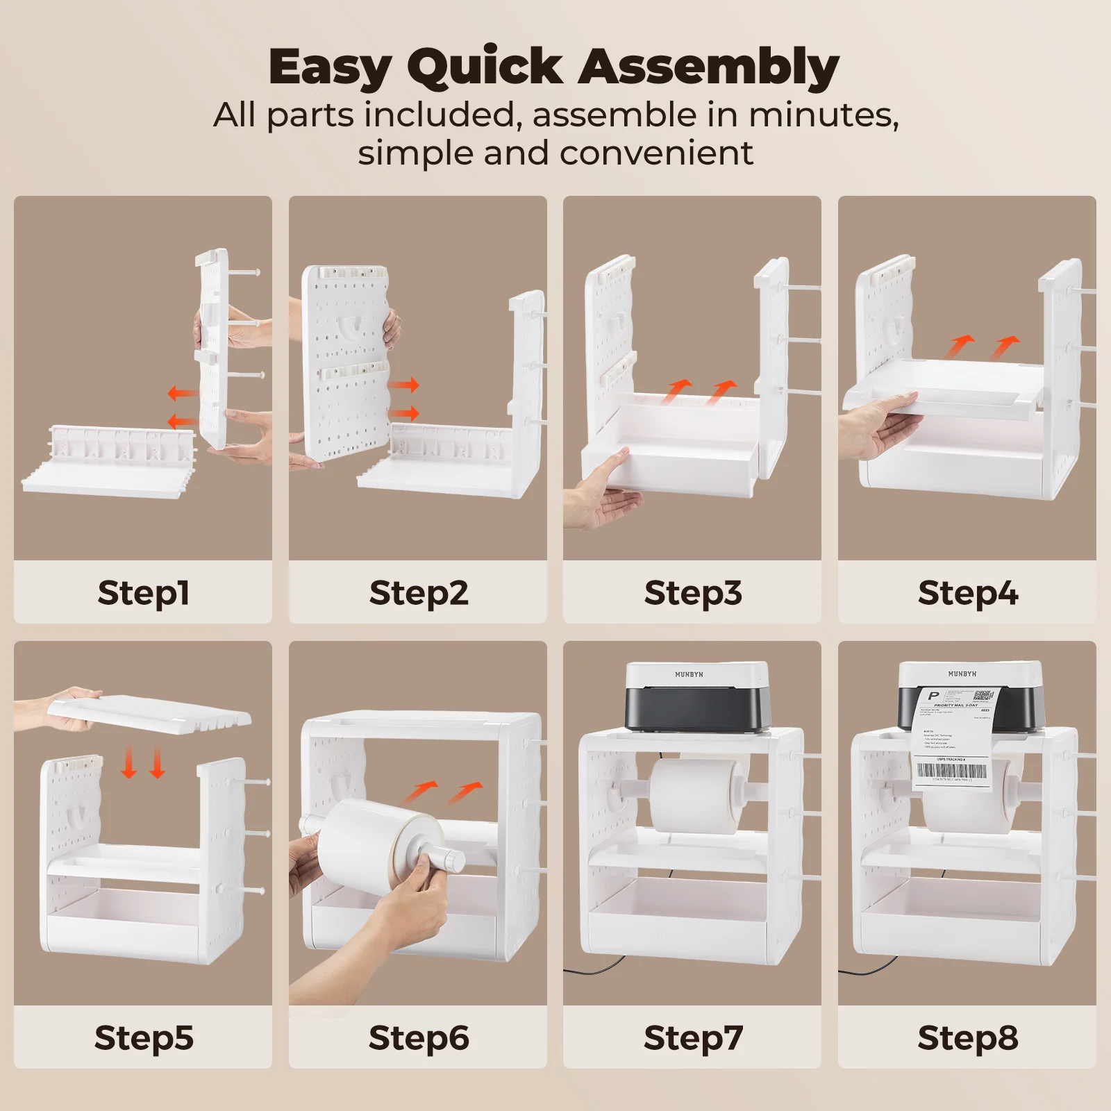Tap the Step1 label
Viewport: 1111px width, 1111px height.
pos(143,592)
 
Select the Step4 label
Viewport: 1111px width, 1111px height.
pos(967,592)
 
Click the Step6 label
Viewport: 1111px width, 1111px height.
pos(418,1037)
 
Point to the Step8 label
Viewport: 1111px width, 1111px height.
pos(967,1037)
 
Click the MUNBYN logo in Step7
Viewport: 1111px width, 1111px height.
pos(689,674)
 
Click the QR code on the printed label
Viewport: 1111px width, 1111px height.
pos(983,696)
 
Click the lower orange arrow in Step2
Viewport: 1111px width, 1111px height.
pos(403,414)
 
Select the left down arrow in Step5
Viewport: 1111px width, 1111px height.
pos(128,762)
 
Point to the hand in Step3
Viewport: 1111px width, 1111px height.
pos(601,494)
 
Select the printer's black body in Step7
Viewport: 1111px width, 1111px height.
pos(696,708)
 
